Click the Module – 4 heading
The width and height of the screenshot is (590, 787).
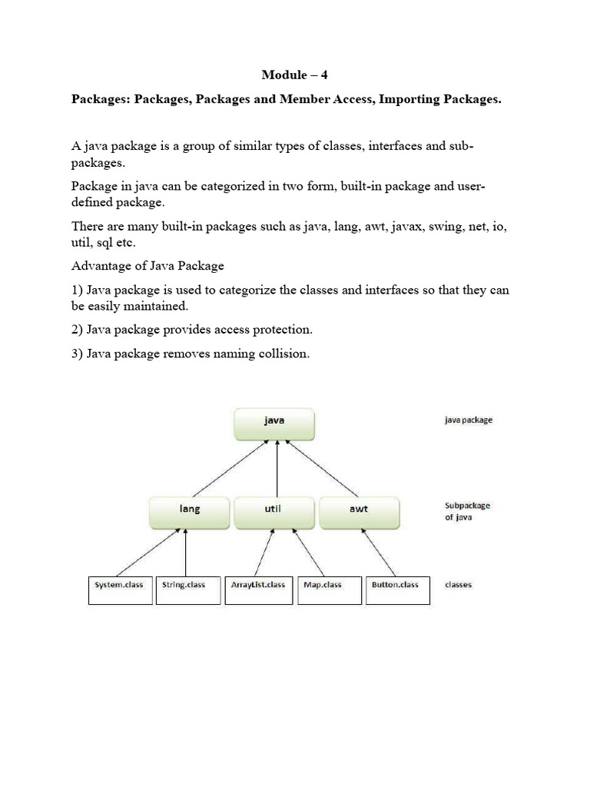pos(294,75)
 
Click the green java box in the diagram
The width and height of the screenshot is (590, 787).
pos(274,421)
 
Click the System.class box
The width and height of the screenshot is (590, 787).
pos(119,589)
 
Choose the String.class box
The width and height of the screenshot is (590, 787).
pos(184,589)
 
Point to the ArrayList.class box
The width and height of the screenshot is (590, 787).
pos(257,589)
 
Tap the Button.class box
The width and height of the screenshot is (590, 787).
pos(396,589)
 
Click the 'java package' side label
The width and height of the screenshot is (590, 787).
pos(469,420)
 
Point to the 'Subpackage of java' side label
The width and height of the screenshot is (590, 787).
pos(467,512)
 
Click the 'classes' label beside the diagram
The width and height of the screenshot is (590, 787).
pos(459,585)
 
